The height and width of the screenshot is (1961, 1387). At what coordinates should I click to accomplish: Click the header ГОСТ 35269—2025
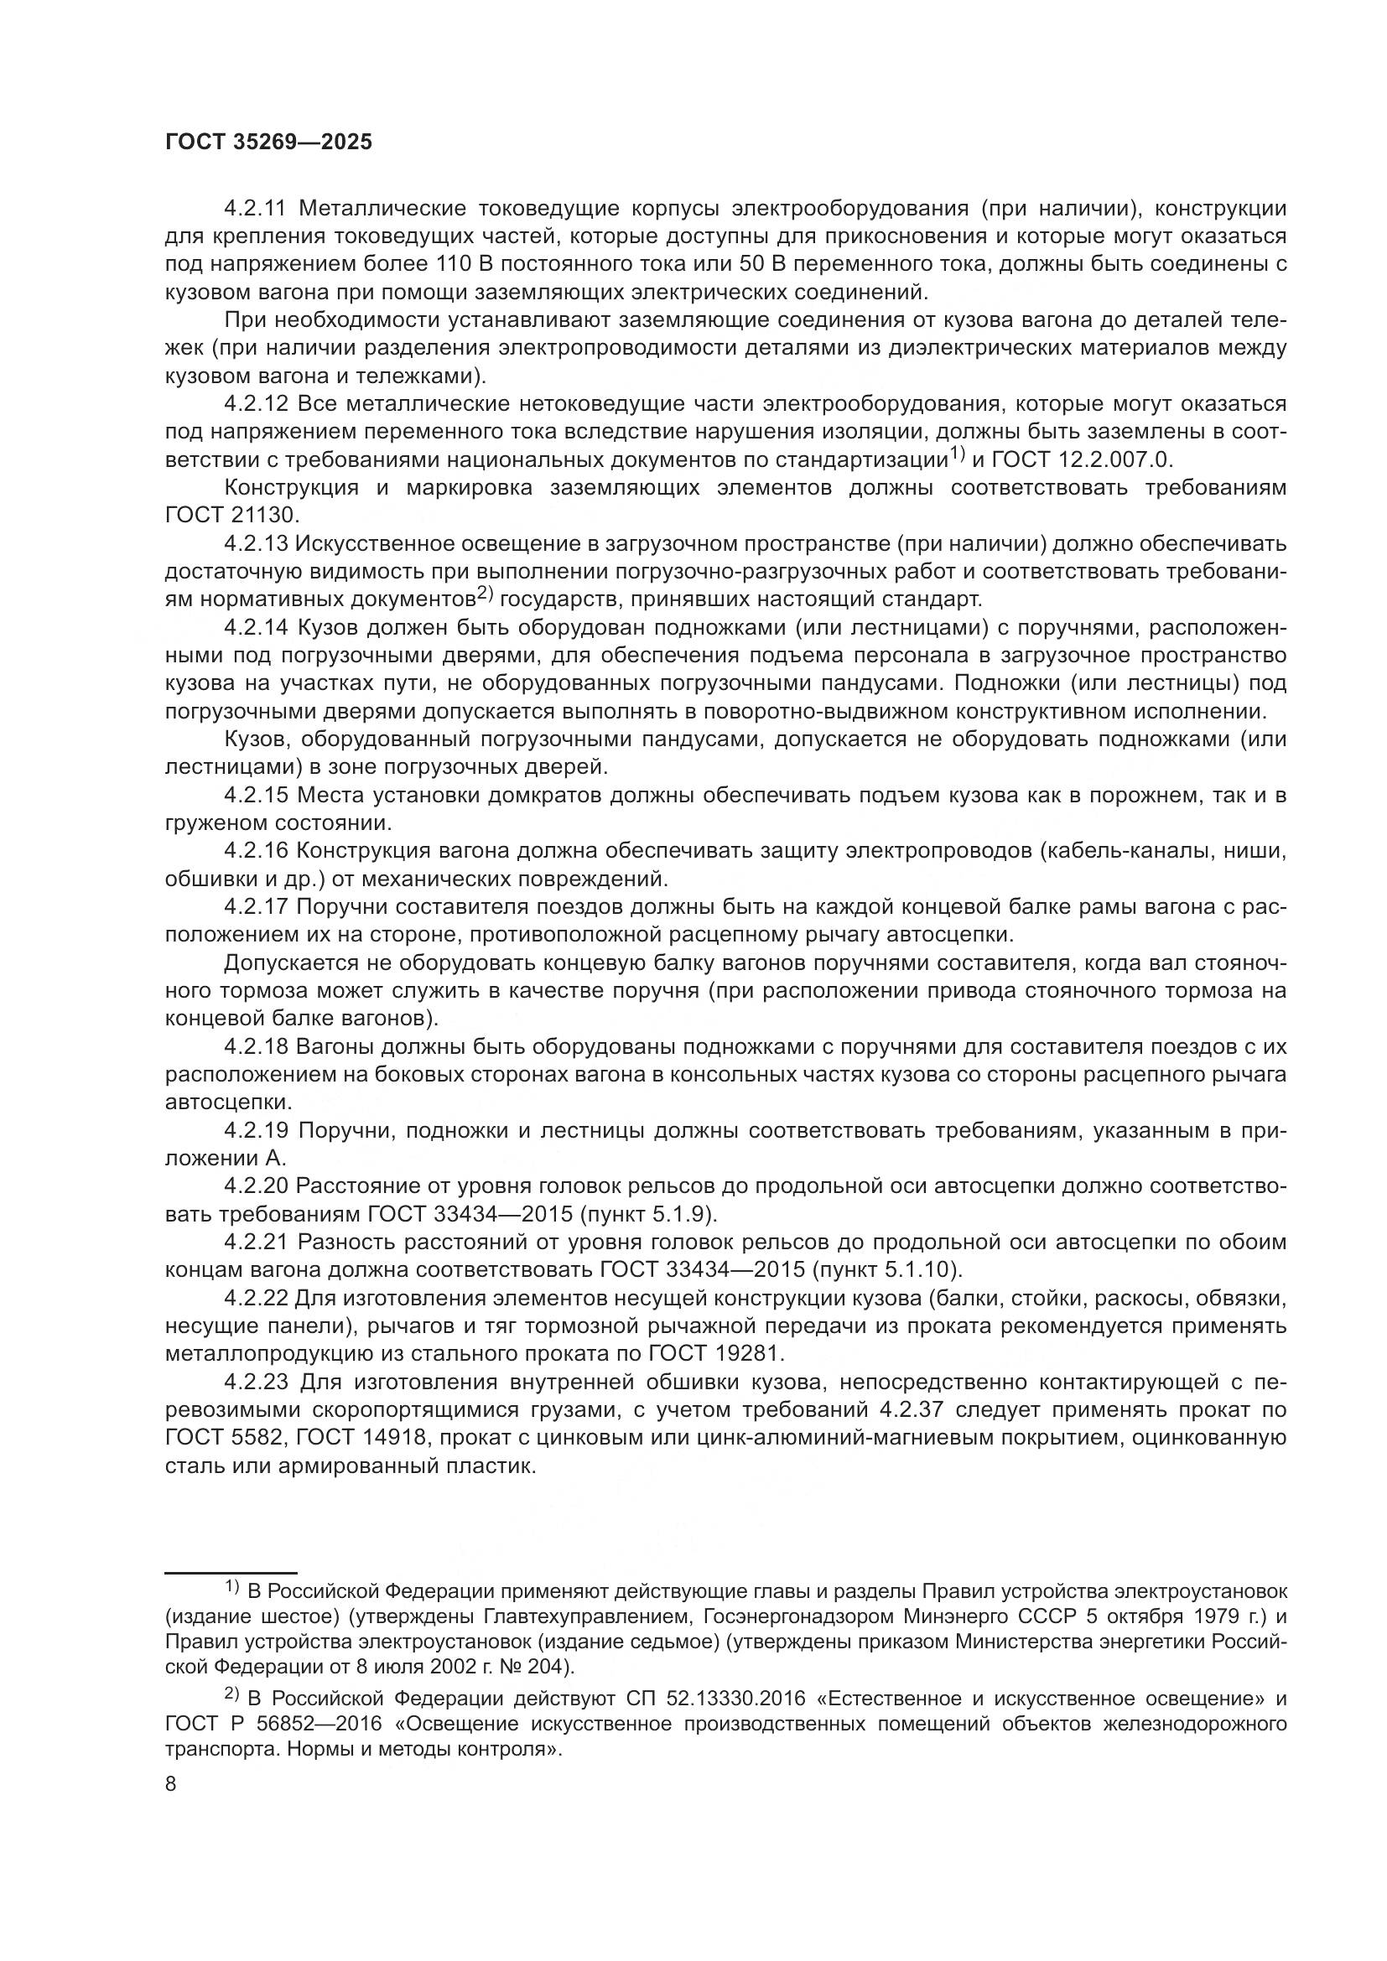tap(268, 143)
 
